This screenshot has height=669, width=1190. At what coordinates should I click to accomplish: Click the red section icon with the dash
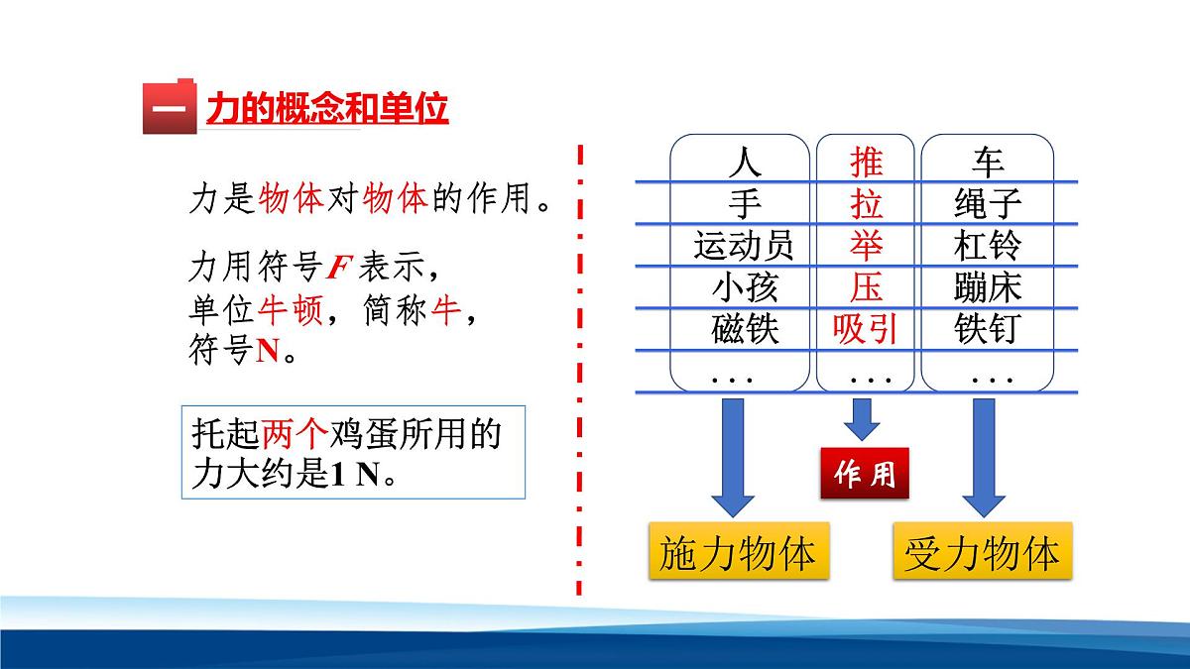[x=170, y=106]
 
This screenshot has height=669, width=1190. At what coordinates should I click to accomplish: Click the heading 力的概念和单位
[x=327, y=108]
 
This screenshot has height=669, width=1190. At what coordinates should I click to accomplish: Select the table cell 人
[x=745, y=162]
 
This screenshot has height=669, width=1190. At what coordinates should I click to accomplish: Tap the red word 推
[x=866, y=162]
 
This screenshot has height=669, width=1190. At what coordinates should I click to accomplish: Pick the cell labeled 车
[x=988, y=162]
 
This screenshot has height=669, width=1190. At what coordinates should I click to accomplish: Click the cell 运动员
[x=745, y=245]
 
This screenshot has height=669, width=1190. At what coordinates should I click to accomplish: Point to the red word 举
[x=866, y=245]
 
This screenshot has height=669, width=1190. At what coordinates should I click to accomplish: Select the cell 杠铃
[x=988, y=245]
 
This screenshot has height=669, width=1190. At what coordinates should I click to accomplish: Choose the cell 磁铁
[x=745, y=328]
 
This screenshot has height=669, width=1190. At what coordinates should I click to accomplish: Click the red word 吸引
[x=866, y=328]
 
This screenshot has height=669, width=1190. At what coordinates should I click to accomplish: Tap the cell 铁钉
[x=988, y=328]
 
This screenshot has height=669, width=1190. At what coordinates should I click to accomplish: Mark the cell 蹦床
[x=988, y=286]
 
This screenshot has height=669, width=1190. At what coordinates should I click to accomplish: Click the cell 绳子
[x=988, y=204]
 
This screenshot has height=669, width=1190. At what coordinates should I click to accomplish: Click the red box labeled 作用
[x=865, y=475]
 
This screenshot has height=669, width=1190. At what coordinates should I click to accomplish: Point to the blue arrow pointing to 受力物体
[x=984, y=456]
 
